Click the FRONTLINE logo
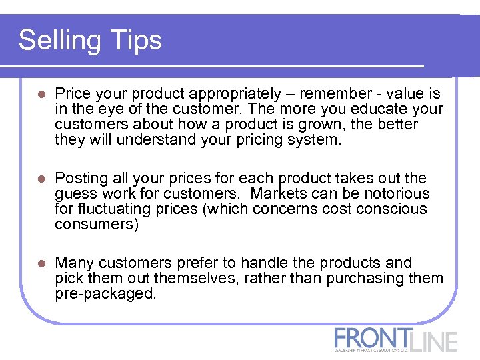tap(396, 339)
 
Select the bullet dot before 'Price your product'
tap(41, 95)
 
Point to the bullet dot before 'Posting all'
tap(41, 179)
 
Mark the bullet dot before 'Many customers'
tap(41, 264)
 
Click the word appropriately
tap(229, 94)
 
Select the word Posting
tap(81, 179)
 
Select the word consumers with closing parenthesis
tap(97, 225)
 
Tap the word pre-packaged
tap(105, 294)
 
